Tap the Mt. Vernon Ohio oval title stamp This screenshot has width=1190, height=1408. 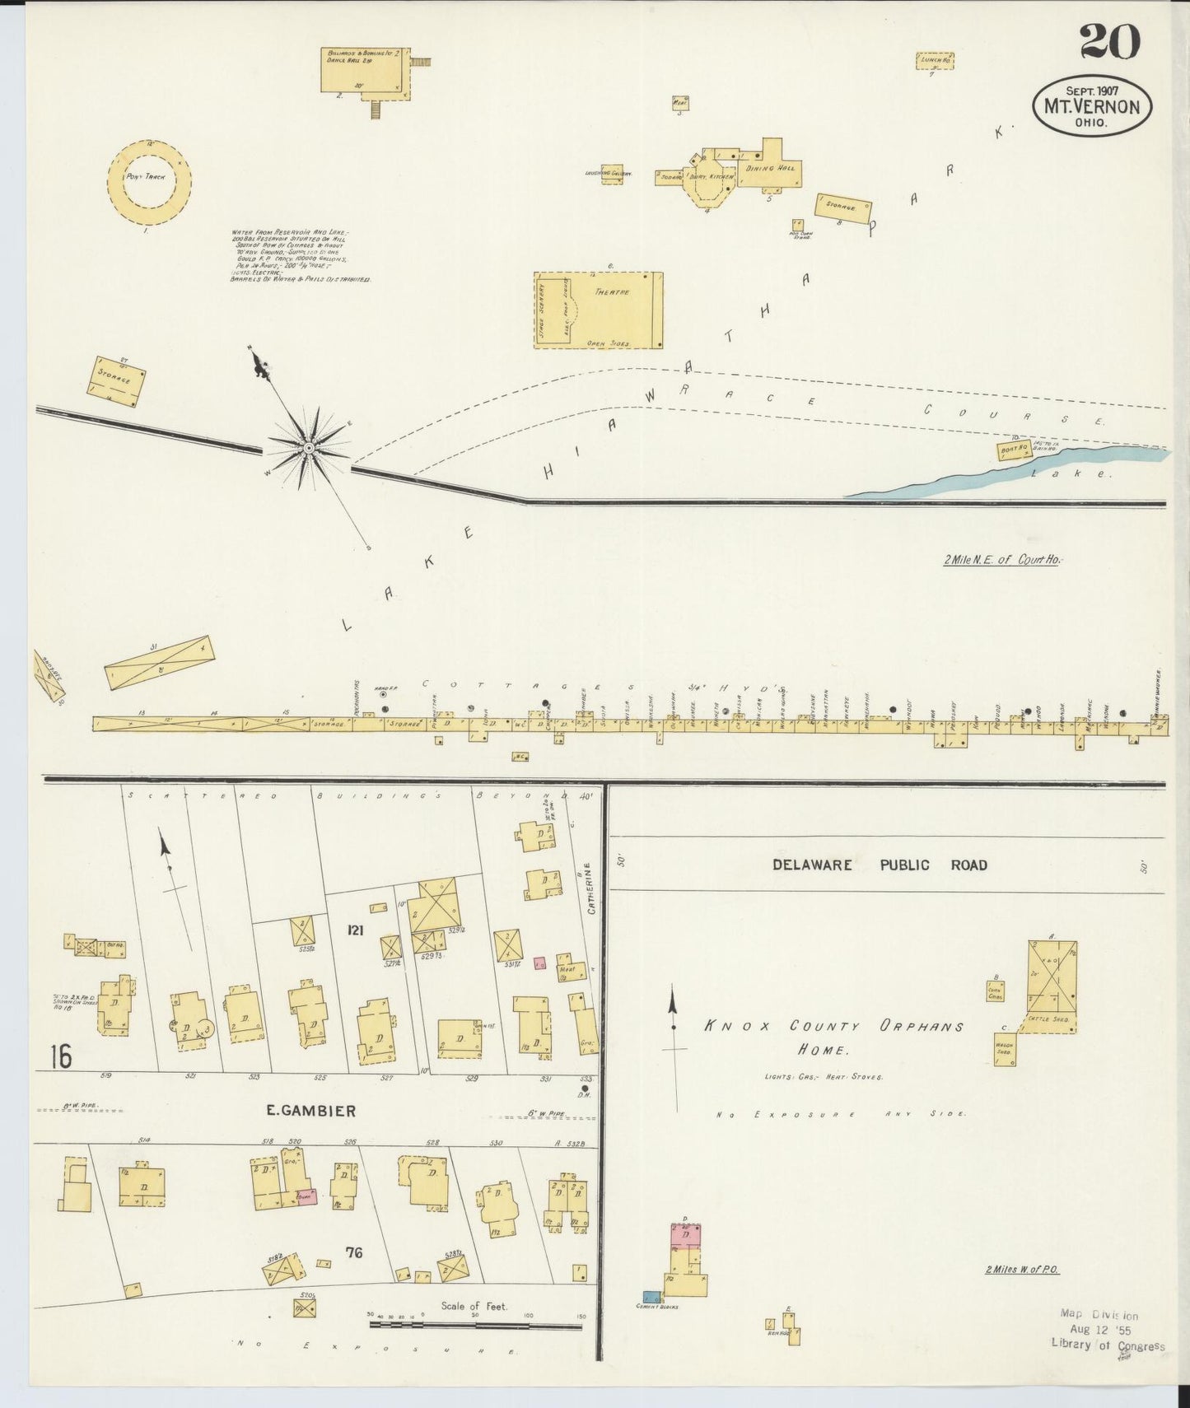[x=1093, y=106]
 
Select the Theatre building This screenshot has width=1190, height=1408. [x=598, y=310]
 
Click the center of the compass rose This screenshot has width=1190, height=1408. [x=308, y=448]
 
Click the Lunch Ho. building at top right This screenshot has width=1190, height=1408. [x=936, y=60]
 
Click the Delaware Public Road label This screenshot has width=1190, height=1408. [x=880, y=865]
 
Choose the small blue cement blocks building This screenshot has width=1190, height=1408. [x=651, y=1298]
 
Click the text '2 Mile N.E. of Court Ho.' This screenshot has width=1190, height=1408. [x=1002, y=560]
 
